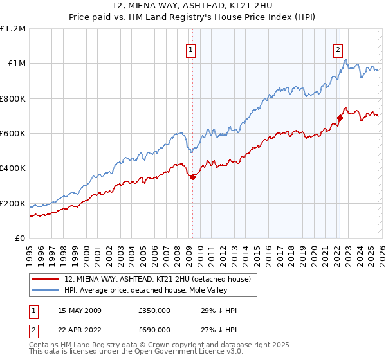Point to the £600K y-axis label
pyautogui.click(x=13, y=134)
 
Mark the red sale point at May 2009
pyautogui.click(x=192, y=177)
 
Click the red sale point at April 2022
pyautogui.click(x=340, y=118)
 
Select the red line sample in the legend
pyautogui.click(x=46, y=278)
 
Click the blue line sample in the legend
pyautogui.click(x=46, y=289)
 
